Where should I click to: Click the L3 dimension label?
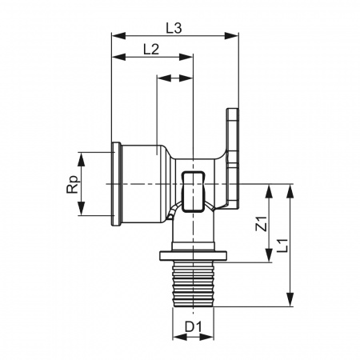(174, 28)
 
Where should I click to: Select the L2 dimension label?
(151, 50)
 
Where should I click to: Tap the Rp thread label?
(73, 184)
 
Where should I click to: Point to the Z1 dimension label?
(262, 223)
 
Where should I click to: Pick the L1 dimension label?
(282, 246)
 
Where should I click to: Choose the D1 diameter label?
(194, 326)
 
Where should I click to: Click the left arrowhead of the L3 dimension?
(118, 36)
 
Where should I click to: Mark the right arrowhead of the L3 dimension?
(231, 36)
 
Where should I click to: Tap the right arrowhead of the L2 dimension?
(186, 57)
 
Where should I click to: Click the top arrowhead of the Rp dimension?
(82, 159)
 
